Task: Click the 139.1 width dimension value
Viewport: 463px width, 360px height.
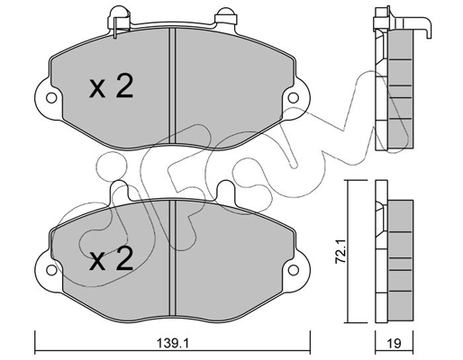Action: pyautogui.click(x=173, y=343)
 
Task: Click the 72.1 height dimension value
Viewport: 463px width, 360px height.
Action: pyautogui.click(x=340, y=251)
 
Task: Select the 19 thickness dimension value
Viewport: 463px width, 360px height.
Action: pyautogui.click(x=395, y=343)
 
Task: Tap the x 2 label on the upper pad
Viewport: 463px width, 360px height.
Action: pyautogui.click(x=111, y=86)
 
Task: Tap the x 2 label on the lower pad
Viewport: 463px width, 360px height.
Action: pyautogui.click(x=111, y=258)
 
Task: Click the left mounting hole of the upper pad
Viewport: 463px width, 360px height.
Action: pyautogui.click(x=51, y=98)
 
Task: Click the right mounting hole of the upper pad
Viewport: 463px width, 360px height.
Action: pyautogui.click(x=294, y=98)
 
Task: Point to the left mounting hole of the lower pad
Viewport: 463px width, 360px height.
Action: pyautogui.click(x=51, y=270)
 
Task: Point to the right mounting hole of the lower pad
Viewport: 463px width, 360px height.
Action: pyautogui.click(x=294, y=270)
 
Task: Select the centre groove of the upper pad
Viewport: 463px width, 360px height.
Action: pyautogui.click(x=172, y=86)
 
